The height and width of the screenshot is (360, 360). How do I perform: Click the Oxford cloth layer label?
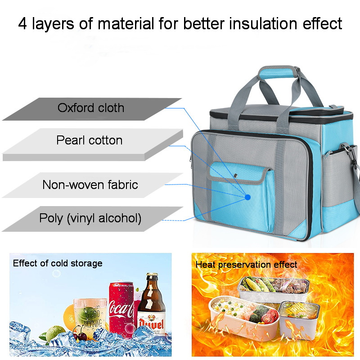pyautogui.click(x=90, y=108)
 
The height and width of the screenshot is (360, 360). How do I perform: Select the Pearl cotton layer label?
pyautogui.click(x=89, y=140)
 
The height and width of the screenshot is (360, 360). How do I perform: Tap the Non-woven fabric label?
pyautogui.click(x=90, y=184)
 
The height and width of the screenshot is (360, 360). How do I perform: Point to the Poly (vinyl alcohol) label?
pyautogui.click(x=90, y=219)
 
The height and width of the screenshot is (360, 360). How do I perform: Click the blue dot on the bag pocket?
pyautogui.click(x=247, y=197)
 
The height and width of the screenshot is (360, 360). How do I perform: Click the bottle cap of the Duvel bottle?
pyautogui.click(x=152, y=275)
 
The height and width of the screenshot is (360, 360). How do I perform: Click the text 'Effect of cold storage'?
pyautogui.click(x=58, y=263)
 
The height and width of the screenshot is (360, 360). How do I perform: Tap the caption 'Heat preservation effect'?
pyautogui.click(x=246, y=265)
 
